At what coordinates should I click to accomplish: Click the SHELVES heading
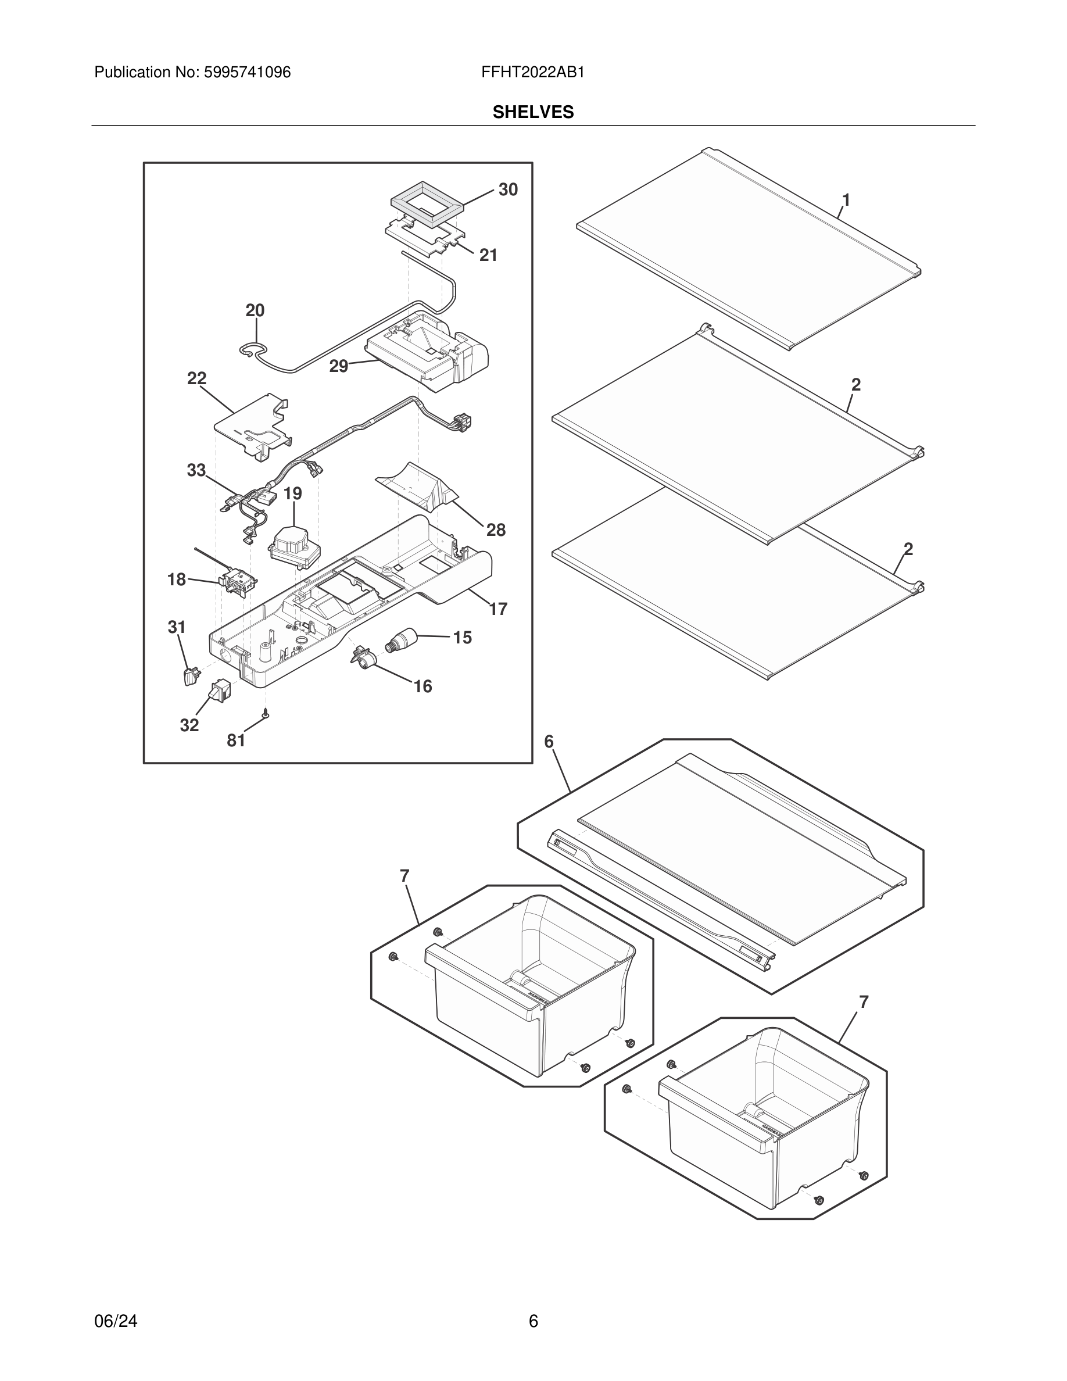click(x=533, y=112)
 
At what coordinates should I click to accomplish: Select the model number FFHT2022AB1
click(x=532, y=72)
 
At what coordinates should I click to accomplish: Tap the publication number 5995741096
click(x=246, y=72)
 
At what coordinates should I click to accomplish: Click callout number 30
click(x=507, y=189)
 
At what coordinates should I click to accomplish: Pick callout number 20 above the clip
click(x=255, y=310)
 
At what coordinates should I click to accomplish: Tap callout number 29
click(x=339, y=366)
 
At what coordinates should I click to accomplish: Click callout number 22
click(x=196, y=378)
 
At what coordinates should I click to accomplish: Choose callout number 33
click(x=196, y=470)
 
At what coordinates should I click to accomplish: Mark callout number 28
click(x=496, y=530)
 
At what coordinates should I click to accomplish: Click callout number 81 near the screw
click(x=236, y=740)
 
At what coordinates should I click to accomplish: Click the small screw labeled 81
click(x=266, y=713)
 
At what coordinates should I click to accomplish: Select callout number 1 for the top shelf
click(x=846, y=200)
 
